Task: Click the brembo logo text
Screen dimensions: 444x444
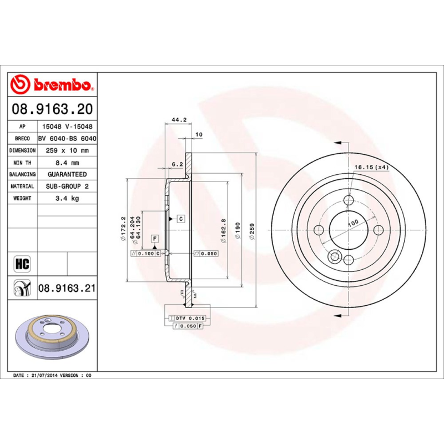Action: click(x=61, y=85)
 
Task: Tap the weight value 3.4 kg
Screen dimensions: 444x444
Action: click(x=67, y=198)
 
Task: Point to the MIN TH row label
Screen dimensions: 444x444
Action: click(x=22, y=163)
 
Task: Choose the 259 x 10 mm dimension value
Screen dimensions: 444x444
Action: click(x=67, y=150)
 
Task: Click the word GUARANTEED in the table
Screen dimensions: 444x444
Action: click(x=67, y=174)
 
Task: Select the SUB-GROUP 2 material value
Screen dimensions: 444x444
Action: click(x=67, y=186)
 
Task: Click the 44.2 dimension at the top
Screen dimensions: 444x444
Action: click(x=178, y=120)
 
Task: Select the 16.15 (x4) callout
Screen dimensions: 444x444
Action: click(x=371, y=167)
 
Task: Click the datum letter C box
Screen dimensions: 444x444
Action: click(x=180, y=219)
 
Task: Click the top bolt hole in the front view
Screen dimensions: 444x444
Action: click(x=349, y=200)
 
